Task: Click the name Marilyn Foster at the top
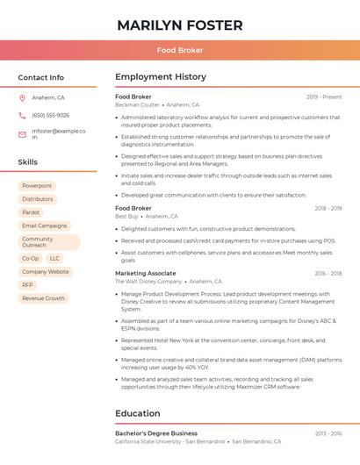(180, 25)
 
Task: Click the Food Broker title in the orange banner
(180, 50)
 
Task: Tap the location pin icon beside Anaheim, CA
(22, 97)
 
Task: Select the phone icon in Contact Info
(22, 115)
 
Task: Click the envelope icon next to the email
(22, 134)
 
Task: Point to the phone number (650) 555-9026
(50, 115)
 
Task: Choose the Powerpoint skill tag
(37, 186)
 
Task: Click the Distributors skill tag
(38, 199)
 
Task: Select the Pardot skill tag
(31, 212)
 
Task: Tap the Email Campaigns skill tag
(44, 225)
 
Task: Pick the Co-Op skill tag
(31, 259)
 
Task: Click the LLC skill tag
(54, 259)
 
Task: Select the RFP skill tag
(28, 285)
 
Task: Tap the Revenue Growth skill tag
(43, 298)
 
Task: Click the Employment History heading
(161, 77)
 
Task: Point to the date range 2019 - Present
(324, 97)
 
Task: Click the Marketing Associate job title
(145, 273)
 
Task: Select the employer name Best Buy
(126, 216)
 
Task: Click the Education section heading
(138, 413)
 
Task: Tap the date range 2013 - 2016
(328, 433)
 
